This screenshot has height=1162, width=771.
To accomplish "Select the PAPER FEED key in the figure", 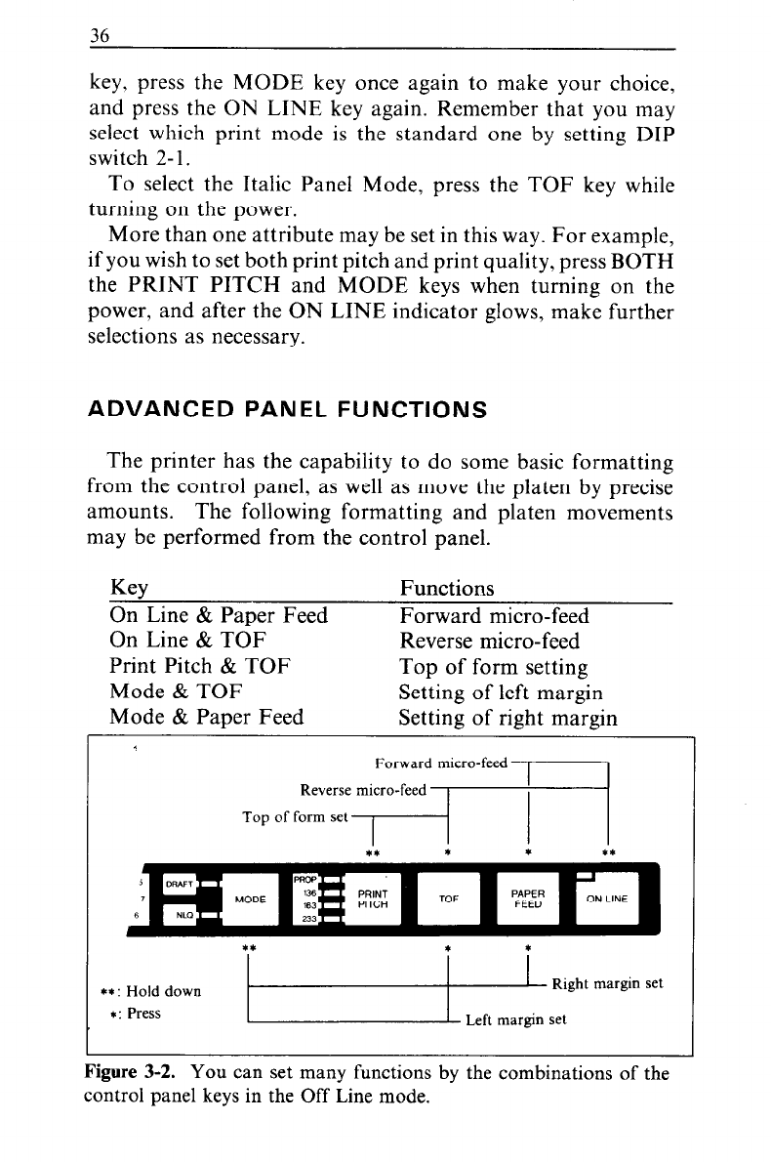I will click(527, 898).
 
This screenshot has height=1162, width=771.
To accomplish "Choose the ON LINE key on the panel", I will click(607, 898).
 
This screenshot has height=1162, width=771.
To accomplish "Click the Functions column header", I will click(447, 588).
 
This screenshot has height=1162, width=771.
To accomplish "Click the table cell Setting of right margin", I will click(507, 718).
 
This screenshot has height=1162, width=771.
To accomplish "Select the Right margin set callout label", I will click(607, 983).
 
